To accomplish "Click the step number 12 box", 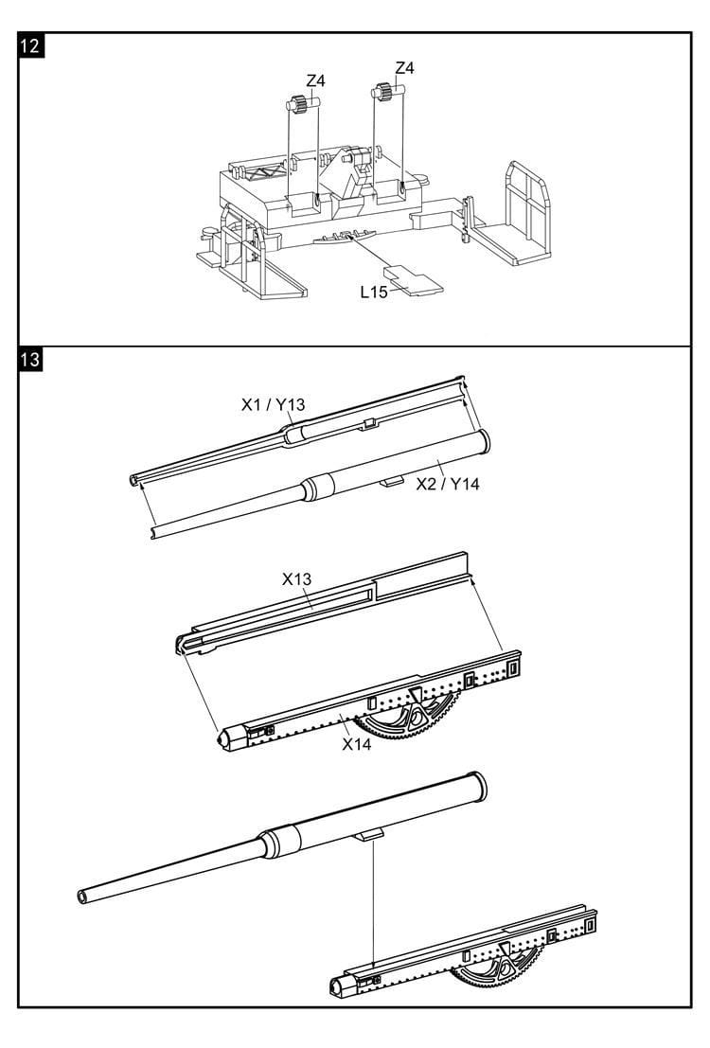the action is coord(30,46).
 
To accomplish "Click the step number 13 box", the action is coord(30,360).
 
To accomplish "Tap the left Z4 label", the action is coord(315,80).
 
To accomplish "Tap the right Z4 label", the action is coord(404,68).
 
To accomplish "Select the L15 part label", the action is coord(374,293).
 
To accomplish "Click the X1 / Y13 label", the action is coord(273,404).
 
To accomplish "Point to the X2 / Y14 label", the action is coord(447,484).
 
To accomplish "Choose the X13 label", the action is coord(296,578).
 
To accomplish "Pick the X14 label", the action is coord(356,744).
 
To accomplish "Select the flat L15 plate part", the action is coord(413,280).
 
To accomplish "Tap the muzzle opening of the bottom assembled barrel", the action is coord(82,897).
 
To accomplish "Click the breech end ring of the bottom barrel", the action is coord(478,787).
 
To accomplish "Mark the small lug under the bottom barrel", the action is coord(369,834).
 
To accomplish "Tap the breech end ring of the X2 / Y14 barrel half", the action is coord(483,442).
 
